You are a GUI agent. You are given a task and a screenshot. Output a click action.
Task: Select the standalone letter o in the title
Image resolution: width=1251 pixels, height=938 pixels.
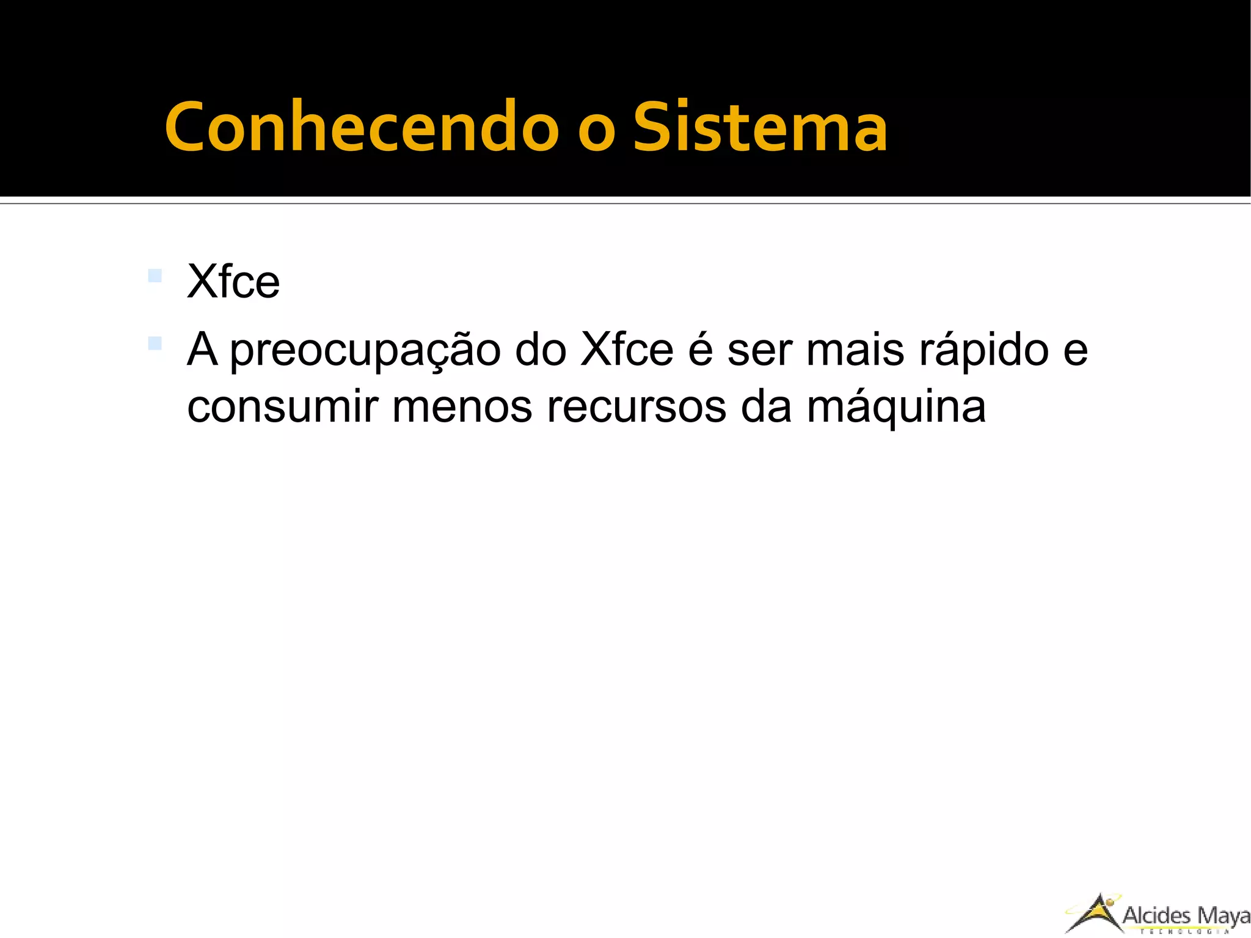(596, 132)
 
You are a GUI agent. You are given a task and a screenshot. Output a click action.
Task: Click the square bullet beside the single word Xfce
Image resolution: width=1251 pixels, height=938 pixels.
(155, 276)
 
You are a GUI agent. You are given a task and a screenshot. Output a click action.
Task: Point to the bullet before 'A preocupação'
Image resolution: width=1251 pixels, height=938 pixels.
(155, 343)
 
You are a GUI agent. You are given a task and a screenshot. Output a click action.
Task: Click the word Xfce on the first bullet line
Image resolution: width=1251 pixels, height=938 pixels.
(233, 282)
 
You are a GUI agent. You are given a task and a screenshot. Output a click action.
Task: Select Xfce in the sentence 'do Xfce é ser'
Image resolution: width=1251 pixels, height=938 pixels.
(627, 350)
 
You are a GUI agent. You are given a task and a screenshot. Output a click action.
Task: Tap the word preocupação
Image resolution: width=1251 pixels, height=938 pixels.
(365, 351)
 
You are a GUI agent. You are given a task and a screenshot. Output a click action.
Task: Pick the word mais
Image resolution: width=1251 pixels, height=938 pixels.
(855, 350)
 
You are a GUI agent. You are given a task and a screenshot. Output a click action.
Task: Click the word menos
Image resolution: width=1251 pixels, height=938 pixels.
(462, 407)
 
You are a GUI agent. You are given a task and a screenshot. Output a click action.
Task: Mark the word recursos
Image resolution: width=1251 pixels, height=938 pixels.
(636, 407)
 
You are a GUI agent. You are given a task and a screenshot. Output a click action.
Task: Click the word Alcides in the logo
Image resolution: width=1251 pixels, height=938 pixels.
(1157, 915)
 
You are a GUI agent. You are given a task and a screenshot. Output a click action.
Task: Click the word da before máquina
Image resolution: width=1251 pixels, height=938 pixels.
(766, 407)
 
